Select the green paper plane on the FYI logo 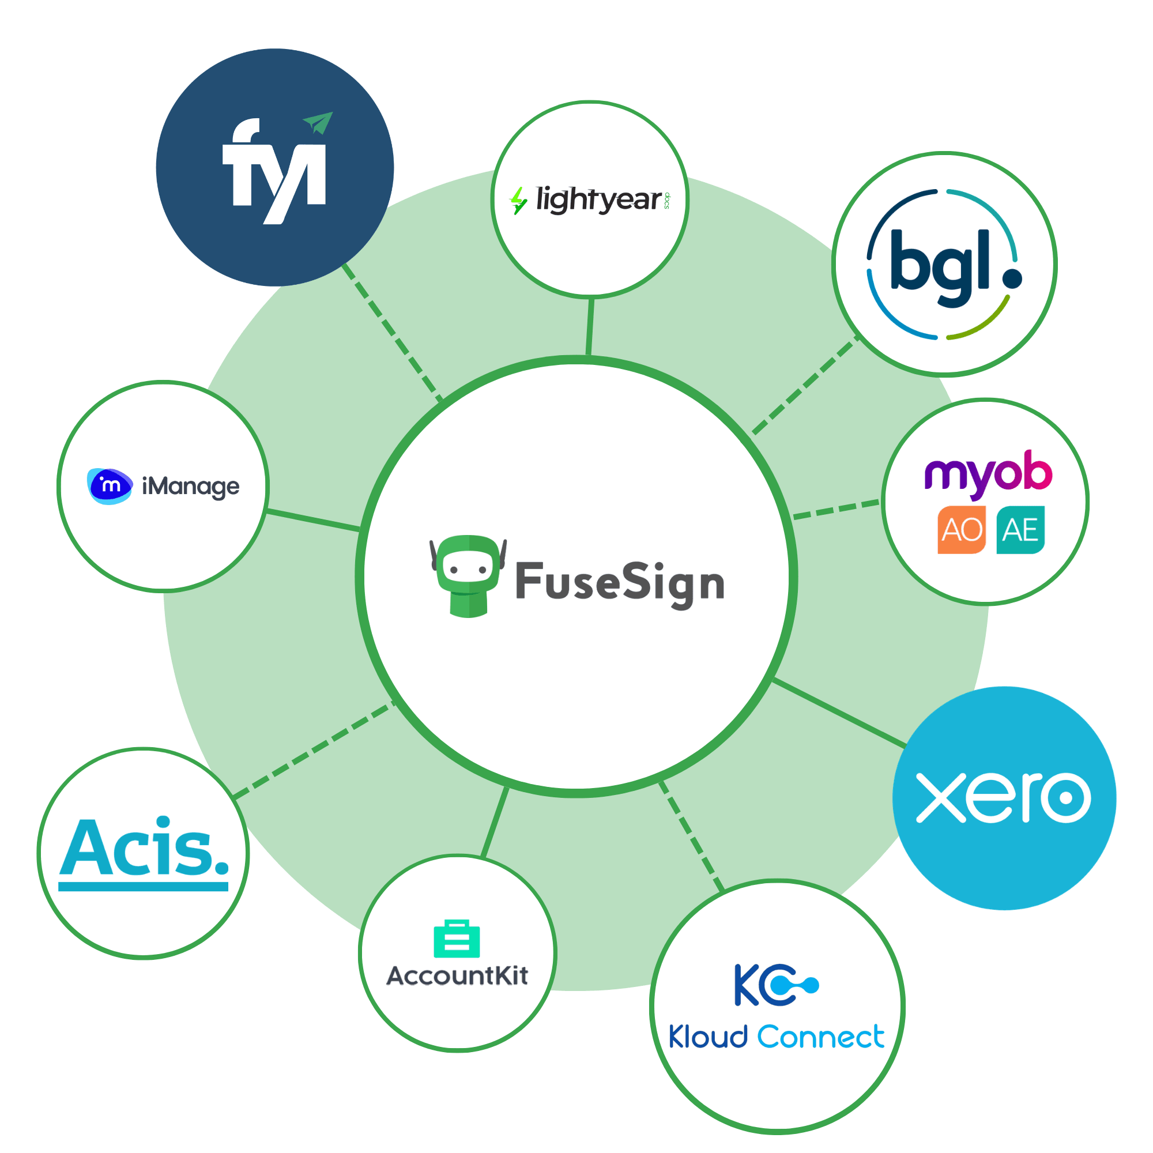pyautogui.click(x=318, y=122)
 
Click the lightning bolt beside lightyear pyautogui.click(x=519, y=200)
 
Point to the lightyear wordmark pyautogui.click(x=598, y=199)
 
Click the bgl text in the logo pyautogui.click(x=939, y=267)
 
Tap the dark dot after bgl pyautogui.click(x=1012, y=278)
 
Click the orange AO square pyautogui.click(x=962, y=530)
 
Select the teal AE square pyautogui.click(x=1020, y=530)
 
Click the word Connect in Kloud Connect pyautogui.click(x=820, y=1037)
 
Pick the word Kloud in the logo pyautogui.click(x=707, y=1037)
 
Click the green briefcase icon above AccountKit pyautogui.click(x=457, y=939)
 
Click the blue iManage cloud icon pyautogui.click(x=110, y=486)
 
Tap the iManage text pyautogui.click(x=190, y=487)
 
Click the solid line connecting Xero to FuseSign pyautogui.click(x=838, y=713)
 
